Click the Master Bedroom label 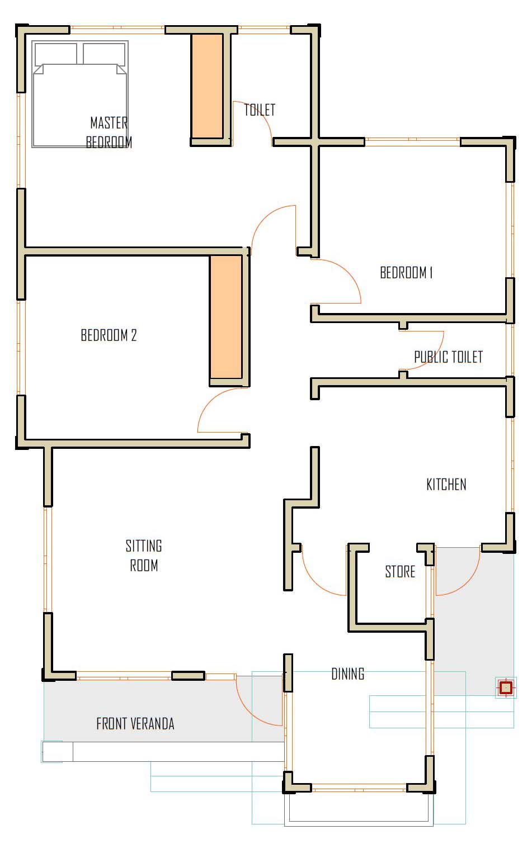pyautogui.click(x=109, y=132)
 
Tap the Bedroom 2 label pyautogui.click(x=109, y=335)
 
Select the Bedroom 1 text pyautogui.click(x=406, y=272)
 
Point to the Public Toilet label pyautogui.click(x=448, y=357)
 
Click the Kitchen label pyautogui.click(x=446, y=485)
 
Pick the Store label pyautogui.click(x=400, y=572)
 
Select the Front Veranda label pyautogui.click(x=135, y=724)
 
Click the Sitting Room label pyautogui.click(x=144, y=556)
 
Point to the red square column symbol pyautogui.click(x=506, y=687)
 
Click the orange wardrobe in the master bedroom pyautogui.click(x=206, y=86)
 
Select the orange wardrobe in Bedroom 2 pyautogui.click(x=226, y=316)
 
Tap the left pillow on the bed pyautogui.click(x=56, y=54)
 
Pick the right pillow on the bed pyautogui.click(x=104, y=54)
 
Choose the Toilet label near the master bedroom pyautogui.click(x=260, y=110)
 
